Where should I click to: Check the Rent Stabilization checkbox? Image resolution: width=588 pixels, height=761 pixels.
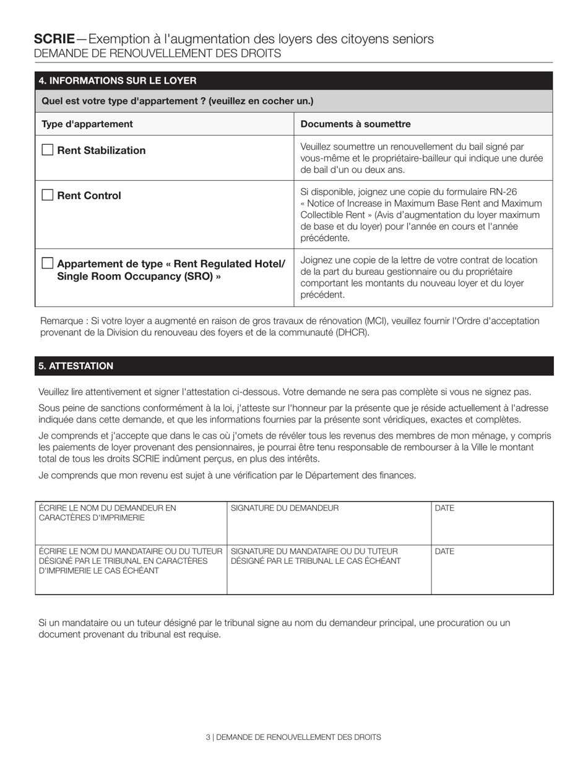point(47,150)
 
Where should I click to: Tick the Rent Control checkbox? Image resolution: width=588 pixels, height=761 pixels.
point(47,195)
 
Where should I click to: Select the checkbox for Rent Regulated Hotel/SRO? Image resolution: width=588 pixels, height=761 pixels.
point(47,263)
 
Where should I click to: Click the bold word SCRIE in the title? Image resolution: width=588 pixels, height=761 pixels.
point(54,39)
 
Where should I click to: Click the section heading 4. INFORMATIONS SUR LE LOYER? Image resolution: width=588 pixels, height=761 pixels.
point(118,80)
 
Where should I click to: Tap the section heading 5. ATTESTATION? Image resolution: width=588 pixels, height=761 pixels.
point(76,366)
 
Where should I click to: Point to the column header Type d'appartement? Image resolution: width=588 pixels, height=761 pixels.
point(87,124)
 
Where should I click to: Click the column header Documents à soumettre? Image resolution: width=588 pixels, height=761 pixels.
point(355,124)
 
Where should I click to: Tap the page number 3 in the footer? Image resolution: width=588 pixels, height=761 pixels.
point(208,737)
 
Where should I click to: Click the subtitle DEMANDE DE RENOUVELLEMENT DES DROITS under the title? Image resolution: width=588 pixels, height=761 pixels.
point(157,54)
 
